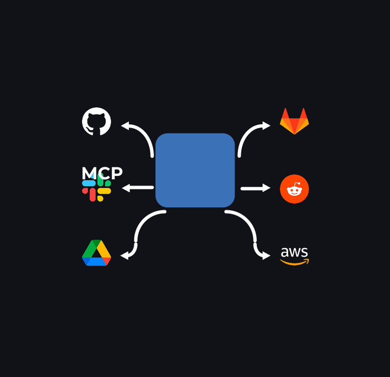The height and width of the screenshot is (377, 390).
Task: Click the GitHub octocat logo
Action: [97, 121]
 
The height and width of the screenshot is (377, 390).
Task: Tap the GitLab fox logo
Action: [294, 121]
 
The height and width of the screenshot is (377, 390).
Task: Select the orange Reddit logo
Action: [294, 189]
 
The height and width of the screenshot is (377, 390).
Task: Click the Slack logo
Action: [97, 187]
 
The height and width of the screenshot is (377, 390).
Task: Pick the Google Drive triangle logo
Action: [97, 253]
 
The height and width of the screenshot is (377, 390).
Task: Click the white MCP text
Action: [102, 173]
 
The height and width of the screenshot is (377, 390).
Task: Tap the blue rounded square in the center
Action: [195, 170]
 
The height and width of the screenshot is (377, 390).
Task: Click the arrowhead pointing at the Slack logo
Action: [126, 188]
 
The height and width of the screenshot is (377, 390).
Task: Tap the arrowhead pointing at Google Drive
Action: [125, 256]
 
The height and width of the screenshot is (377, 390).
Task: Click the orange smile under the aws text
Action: [294, 262]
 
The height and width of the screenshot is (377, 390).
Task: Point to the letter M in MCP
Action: [88, 173]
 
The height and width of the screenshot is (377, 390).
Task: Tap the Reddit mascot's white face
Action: [294, 191]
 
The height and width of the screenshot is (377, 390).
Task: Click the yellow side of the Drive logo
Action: [104, 249]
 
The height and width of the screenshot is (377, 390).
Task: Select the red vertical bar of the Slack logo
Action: [93, 195]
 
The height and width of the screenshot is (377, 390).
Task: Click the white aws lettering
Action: [294, 252]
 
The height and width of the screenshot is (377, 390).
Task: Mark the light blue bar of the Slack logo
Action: [89, 183]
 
